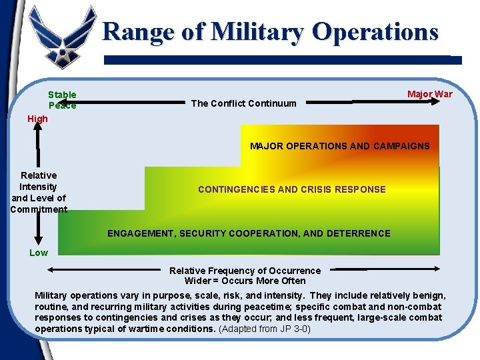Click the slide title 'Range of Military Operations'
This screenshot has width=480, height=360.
(x=271, y=32)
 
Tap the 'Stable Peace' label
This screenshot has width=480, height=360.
(x=62, y=100)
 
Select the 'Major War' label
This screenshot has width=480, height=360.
(x=429, y=94)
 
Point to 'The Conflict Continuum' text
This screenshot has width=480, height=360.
(x=243, y=103)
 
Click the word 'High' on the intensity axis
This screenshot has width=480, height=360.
(x=37, y=119)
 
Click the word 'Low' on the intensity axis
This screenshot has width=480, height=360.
(x=39, y=253)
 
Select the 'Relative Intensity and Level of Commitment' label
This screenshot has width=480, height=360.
(x=39, y=193)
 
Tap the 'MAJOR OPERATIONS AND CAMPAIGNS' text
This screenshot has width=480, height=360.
(x=339, y=146)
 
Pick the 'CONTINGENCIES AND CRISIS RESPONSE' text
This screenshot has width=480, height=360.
(x=291, y=189)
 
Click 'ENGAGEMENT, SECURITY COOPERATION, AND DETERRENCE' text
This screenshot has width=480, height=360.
(x=249, y=233)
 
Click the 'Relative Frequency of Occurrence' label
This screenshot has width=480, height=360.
(x=245, y=271)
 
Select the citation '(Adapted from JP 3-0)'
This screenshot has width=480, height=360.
(x=265, y=329)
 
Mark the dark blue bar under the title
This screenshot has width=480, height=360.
(x=283, y=60)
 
